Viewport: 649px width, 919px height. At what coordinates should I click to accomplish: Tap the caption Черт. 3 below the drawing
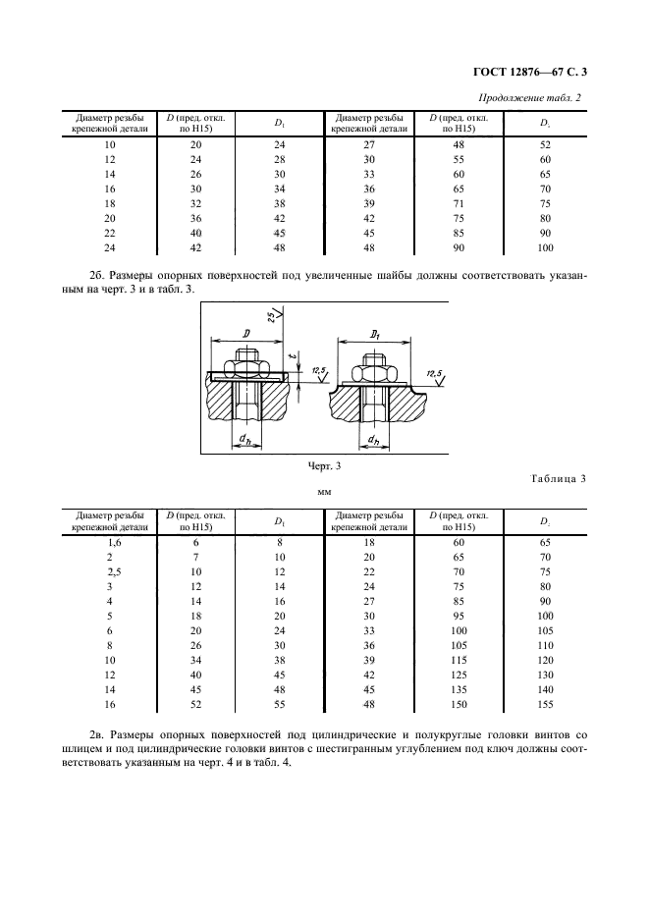324,465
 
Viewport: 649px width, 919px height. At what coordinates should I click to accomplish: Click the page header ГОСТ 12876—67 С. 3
534,70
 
